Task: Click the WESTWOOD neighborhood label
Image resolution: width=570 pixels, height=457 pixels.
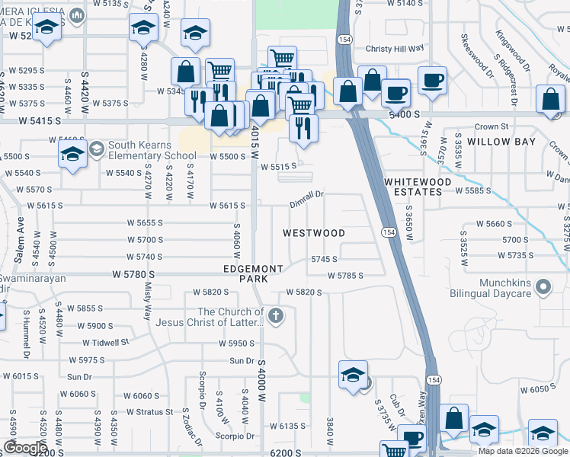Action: (x=314, y=232)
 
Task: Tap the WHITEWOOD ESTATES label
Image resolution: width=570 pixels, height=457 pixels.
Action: (x=413, y=187)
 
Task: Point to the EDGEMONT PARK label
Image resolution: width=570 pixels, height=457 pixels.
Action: (x=253, y=273)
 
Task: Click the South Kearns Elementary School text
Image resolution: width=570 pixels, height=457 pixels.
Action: (x=152, y=150)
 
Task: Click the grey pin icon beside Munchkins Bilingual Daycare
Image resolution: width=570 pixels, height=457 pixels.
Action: (x=543, y=288)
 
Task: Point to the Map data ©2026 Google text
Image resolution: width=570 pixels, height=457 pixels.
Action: (x=522, y=450)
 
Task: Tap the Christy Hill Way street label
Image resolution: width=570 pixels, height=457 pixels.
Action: (x=394, y=47)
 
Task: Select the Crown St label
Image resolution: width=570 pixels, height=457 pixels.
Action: (x=491, y=126)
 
